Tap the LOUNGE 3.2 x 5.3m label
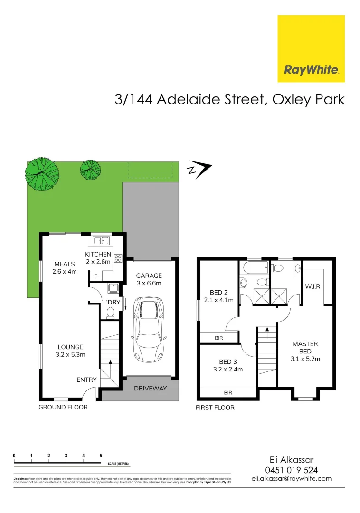coord(70,351)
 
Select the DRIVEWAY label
coord(150,389)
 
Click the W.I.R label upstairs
coord(312,286)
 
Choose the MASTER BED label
coord(305,351)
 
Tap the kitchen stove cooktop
coord(118,258)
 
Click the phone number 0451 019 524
coord(291,470)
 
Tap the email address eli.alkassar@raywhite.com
coord(291,479)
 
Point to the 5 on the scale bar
coord(101,456)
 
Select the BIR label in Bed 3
coord(228,393)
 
